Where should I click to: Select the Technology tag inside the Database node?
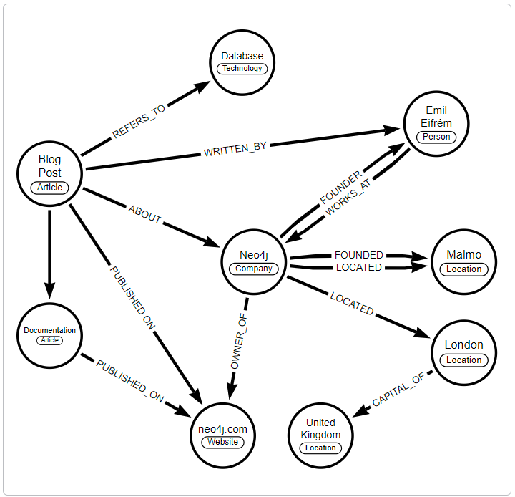(x=242, y=69)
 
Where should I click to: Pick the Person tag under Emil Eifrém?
(x=436, y=137)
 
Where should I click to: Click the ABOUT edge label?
(x=145, y=214)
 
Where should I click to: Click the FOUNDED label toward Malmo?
(x=358, y=255)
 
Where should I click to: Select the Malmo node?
(x=463, y=261)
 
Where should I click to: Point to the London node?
(x=463, y=351)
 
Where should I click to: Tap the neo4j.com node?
(x=223, y=435)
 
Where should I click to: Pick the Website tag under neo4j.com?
(x=223, y=442)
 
